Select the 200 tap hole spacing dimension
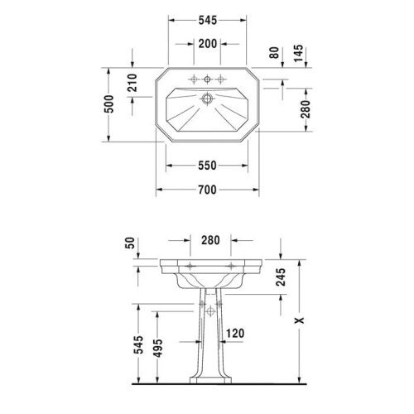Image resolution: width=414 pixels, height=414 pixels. [207, 43]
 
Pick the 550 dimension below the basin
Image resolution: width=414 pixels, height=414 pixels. [207, 166]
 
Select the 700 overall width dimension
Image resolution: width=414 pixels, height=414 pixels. [207, 190]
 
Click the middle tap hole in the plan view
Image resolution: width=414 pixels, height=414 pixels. [207, 79]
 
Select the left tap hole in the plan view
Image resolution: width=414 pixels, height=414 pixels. [192, 79]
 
